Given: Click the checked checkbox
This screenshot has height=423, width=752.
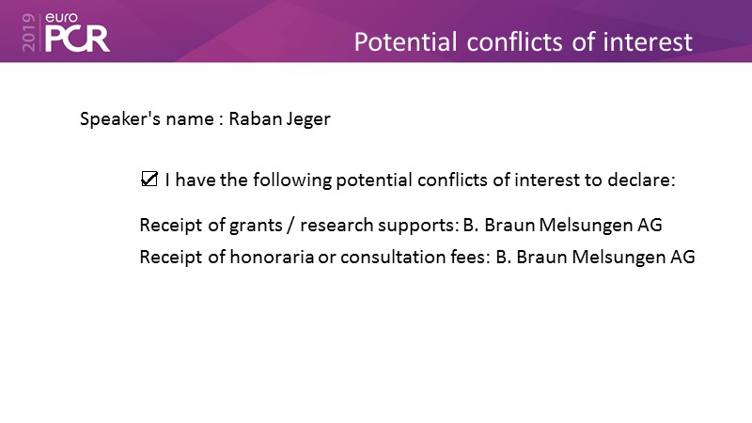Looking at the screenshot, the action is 149,179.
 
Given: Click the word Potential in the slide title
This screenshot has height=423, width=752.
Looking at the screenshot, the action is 405,41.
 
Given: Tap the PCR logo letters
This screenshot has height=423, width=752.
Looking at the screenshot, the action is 77,39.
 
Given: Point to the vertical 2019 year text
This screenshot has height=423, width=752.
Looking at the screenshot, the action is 29,32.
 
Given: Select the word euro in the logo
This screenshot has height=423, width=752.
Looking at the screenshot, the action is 61,18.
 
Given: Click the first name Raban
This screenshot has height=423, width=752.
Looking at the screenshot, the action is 255,118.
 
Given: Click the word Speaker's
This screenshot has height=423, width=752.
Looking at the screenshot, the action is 120,118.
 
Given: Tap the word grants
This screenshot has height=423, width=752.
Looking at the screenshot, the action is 256,226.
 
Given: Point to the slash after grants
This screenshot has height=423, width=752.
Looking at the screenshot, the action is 290,225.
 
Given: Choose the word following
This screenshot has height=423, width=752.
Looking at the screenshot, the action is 292,180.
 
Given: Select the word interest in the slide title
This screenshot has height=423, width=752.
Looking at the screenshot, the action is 648,41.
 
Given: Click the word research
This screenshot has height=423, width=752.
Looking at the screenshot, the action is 337,225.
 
